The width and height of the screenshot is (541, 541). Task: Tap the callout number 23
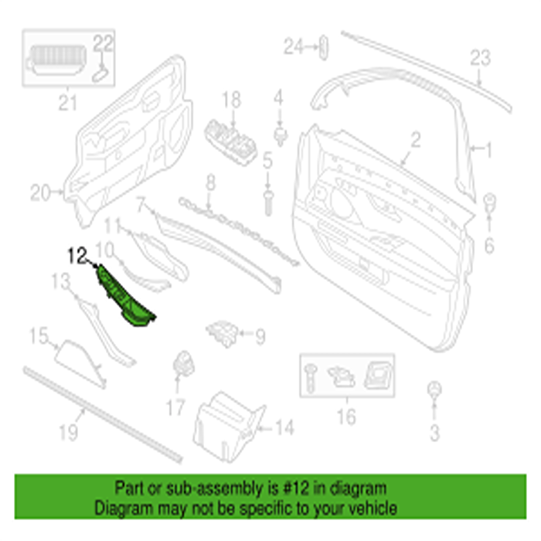point(480,56)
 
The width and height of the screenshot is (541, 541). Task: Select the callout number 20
point(40,192)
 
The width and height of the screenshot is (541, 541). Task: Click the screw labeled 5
point(267,202)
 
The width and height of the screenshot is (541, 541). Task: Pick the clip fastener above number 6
point(488,205)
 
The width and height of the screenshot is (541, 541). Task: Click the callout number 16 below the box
point(346,418)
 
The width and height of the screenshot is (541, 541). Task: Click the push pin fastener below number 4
point(279,138)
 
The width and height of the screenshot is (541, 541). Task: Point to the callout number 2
point(415,140)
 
